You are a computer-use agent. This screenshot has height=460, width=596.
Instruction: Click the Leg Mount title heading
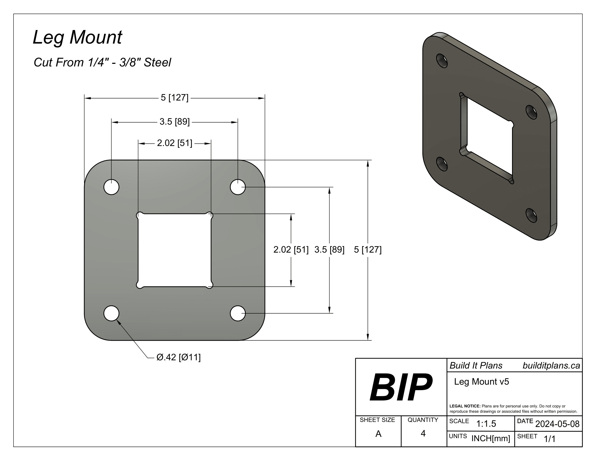(x=77, y=37)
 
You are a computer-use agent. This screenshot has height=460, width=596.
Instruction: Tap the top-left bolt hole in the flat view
(x=111, y=187)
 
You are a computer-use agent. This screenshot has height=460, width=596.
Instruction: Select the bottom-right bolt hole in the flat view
(x=238, y=313)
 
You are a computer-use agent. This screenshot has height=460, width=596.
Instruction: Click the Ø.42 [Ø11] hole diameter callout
(x=178, y=357)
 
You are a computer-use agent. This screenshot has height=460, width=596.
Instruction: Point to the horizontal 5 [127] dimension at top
(x=174, y=98)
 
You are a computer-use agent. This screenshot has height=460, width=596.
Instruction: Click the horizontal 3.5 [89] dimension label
(x=174, y=121)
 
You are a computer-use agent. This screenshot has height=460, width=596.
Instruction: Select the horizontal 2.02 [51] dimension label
(x=174, y=143)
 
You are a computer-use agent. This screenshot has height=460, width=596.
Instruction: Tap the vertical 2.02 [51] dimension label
(x=291, y=250)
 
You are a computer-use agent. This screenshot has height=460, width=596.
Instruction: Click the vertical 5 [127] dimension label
(x=368, y=250)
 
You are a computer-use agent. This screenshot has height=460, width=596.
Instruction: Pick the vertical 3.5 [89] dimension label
(x=329, y=250)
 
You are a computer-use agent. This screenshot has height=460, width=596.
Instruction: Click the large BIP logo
(x=401, y=387)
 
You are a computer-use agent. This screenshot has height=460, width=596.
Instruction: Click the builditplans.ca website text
(x=551, y=366)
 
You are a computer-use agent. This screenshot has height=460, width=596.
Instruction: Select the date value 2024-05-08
(x=557, y=424)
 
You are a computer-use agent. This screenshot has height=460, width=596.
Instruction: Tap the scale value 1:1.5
(x=486, y=424)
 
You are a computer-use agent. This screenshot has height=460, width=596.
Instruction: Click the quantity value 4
(x=423, y=433)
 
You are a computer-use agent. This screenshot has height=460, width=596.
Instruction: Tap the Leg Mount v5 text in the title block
(x=481, y=382)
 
